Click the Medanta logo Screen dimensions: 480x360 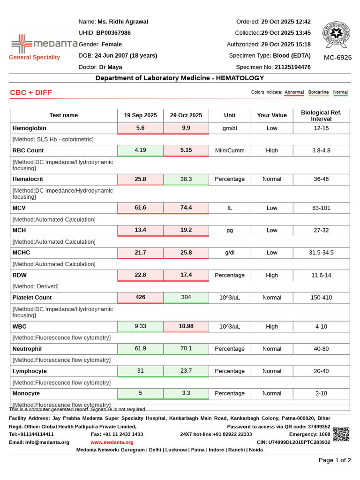coord(44,44)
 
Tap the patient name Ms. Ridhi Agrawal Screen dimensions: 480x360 coord(122,22)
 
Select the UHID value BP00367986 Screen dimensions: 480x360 coord(113,33)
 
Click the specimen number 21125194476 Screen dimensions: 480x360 coord(292,67)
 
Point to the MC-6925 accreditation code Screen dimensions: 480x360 coord(337,58)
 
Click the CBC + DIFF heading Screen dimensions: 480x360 coord(31,92)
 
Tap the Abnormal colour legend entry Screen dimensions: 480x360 coord(294,92)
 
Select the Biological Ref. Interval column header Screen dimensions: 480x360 coord(321,115)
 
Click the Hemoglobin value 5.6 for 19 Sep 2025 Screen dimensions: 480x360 coord(140,128)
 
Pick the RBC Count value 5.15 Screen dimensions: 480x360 coord(186,150)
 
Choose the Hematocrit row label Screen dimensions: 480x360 coord(28,179)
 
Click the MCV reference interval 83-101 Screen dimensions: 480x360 coord(321,208)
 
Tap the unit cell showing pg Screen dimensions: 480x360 coord(230,230)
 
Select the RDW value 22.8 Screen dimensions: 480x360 coord(140,275)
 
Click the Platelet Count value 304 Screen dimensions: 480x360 coord(186,297)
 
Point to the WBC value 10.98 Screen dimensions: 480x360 coord(186,326)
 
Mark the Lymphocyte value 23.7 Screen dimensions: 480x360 coord(186,371)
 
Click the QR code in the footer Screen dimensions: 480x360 coord(341,434)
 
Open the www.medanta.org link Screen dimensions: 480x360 coord(112,442)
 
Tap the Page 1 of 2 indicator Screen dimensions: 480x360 coord(334,460)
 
